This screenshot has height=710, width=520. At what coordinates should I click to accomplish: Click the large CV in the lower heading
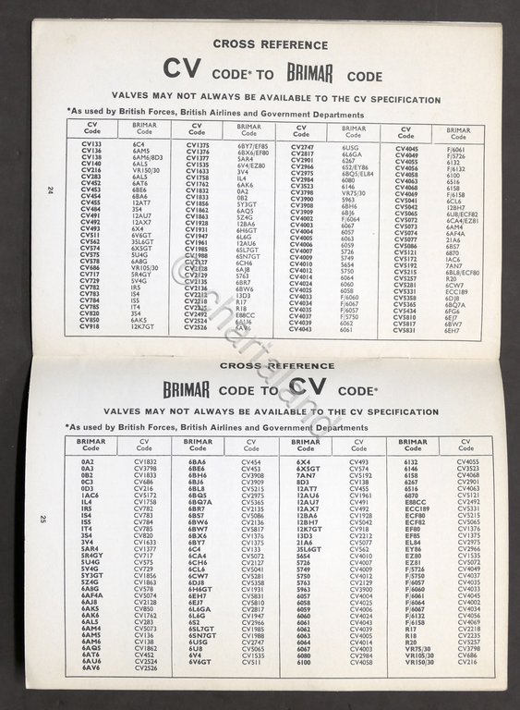(312, 386)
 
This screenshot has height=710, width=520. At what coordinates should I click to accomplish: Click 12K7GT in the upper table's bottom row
(143, 326)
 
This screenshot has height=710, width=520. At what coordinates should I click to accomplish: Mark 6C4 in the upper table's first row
(139, 145)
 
